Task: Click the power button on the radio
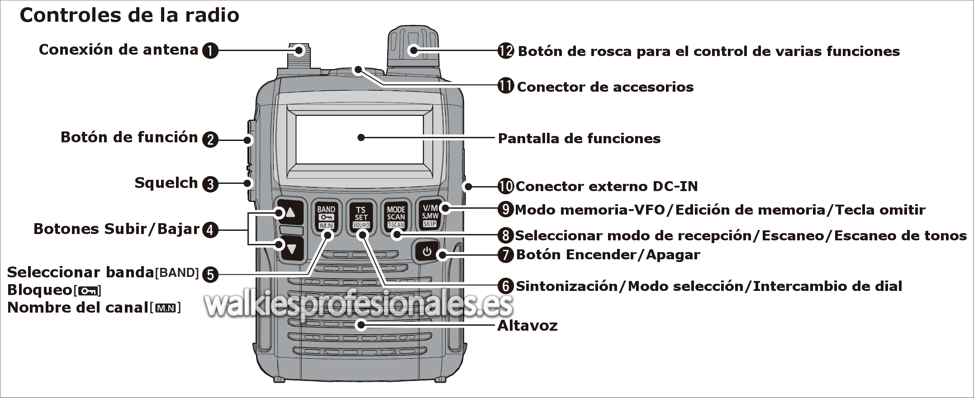point(427,252)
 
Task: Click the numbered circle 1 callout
point(210,51)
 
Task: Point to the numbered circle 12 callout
point(506,51)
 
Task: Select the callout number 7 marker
point(506,255)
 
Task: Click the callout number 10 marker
point(506,186)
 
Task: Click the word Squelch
point(166,183)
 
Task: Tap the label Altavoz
point(527,326)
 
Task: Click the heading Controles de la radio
point(129,15)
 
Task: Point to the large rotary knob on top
point(413,47)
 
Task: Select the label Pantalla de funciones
point(579,139)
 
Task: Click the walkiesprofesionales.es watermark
point(359,304)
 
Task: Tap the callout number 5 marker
point(210,275)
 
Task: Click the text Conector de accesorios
point(605,87)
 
